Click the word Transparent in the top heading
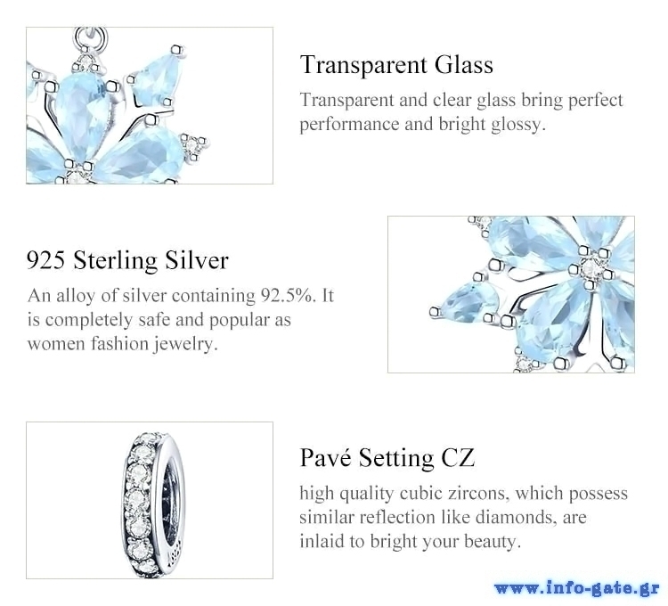tap(363, 66)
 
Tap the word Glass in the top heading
tap(464, 65)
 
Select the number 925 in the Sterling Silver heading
tap(46, 260)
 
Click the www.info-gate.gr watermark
tap(577, 588)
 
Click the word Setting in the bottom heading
tap(395, 459)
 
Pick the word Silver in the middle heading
tap(197, 260)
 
